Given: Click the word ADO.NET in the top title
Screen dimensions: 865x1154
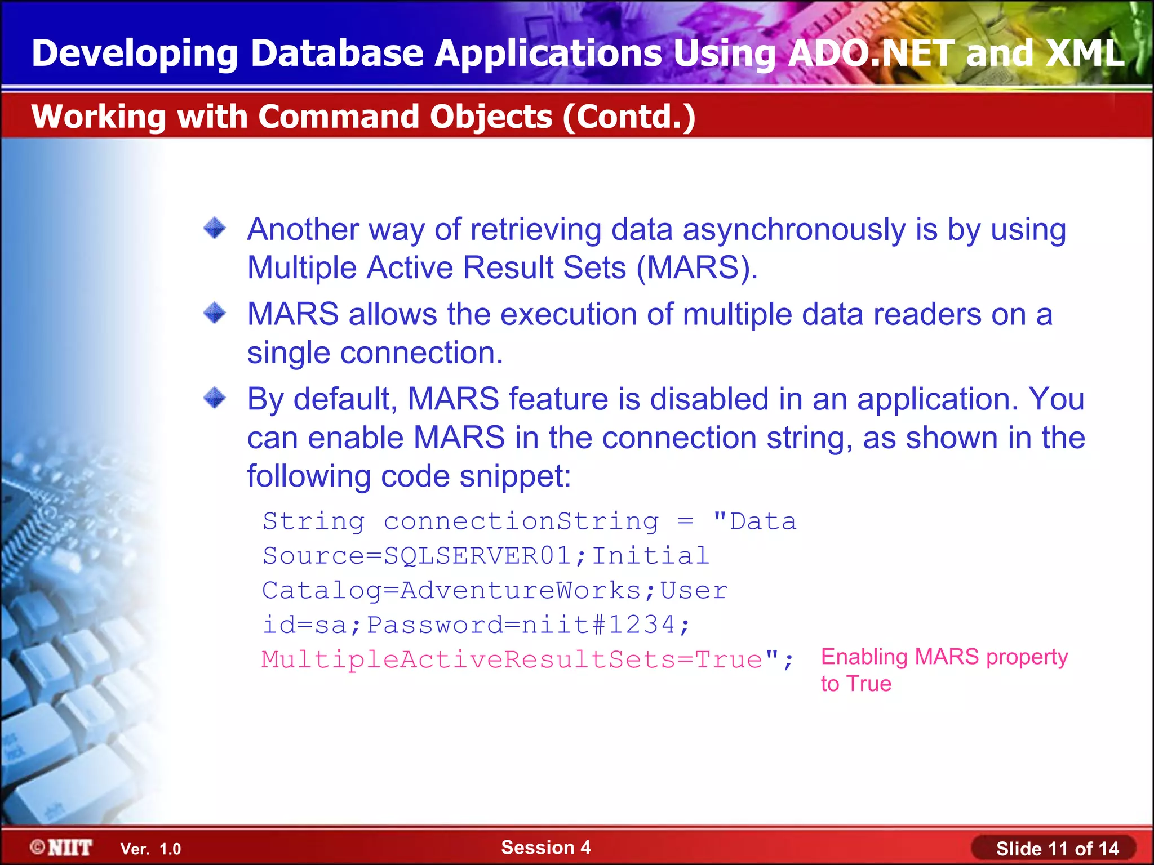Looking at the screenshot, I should pos(872,54).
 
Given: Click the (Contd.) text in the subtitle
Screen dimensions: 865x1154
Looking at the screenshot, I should pos(629,117).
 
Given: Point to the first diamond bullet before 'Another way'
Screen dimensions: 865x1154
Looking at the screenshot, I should pos(215,229).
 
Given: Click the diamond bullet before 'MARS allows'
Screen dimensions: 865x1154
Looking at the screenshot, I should pos(215,313).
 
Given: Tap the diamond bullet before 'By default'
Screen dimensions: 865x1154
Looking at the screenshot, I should pos(215,398).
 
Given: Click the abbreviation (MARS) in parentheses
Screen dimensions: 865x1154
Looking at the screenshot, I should pos(697,267).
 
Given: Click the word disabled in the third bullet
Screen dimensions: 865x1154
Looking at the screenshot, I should pos(709,399).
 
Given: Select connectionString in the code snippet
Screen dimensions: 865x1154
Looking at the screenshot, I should pos(521,521).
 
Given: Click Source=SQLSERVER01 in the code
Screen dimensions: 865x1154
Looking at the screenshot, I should pos(418,556).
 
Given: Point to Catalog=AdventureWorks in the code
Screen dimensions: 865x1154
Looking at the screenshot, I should pos(451,591).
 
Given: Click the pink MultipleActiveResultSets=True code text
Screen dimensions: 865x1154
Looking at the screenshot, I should pos(512,660).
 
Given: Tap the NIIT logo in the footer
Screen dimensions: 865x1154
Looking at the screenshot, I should pos(61,848).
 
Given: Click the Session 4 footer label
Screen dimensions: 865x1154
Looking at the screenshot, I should pos(545,848).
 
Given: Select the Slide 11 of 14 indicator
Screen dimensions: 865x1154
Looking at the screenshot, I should pos(1057,849).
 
